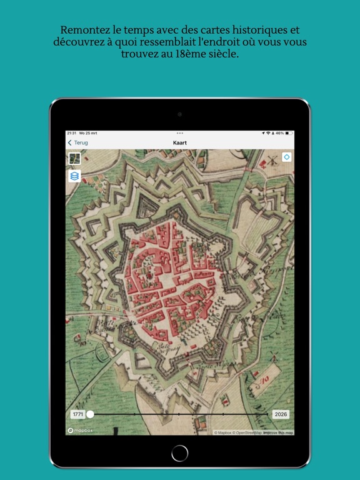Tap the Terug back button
pyautogui.click(x=78, y=142)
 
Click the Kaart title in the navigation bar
pyautogui.click(x=179, y=142)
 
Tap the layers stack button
pyautogui.click(x=74, y=176)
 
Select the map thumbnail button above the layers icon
pyautogui.click(x=74, y=159)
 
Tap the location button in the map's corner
pyautogui.click(x=286, y=157)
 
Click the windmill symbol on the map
pyautogui.click(x=272, y=159)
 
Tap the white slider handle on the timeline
pyautogui.click(x=90, y=414)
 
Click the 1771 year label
pyautogui.click(x=77, y=414)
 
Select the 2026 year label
pyautogui.click(x=281, y=414)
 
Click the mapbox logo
pyautogui.click(x=79, y=431)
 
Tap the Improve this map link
pyautogui.click(x=278, y=432)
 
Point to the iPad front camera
pyautogui.click(x=179, y=114)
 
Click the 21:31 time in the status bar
pyautogui.click(x=71, y=133)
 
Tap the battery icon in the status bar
pyautogui.click(x=289, y=133)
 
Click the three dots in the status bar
pyautogui.click(x=179, y=133)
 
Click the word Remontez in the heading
pyautogui.click(x=86, y=29)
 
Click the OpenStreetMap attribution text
pyautogui.click(x=248, y=432)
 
